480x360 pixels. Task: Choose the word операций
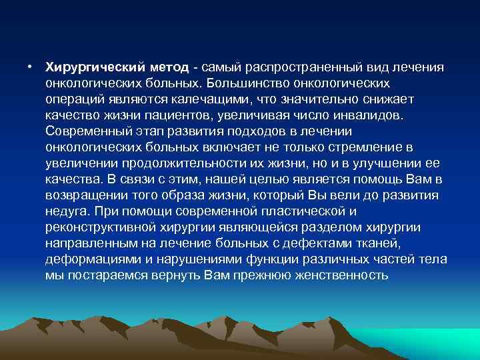coord(72,99)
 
